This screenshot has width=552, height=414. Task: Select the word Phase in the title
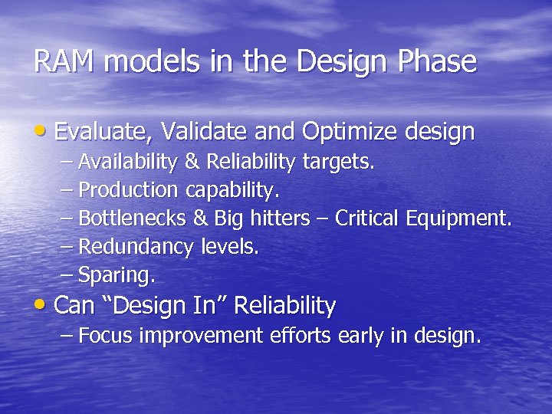coord(438,62)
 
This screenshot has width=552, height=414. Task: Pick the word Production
coord(128,189)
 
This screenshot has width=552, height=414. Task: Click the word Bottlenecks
coord(132,218)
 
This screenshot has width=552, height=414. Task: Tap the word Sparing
coord(117,275)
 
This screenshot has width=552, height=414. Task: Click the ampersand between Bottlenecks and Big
coord(200,218)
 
